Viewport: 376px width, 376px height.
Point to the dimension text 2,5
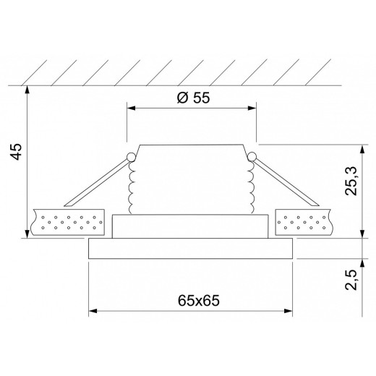tap(351, 278)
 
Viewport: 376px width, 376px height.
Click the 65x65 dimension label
tap(191, 299)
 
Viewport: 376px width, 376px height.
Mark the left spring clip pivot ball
tap(130, 156)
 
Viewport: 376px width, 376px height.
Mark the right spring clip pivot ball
tap(252, 156)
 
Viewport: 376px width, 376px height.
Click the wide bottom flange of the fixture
tap(191, 249)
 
